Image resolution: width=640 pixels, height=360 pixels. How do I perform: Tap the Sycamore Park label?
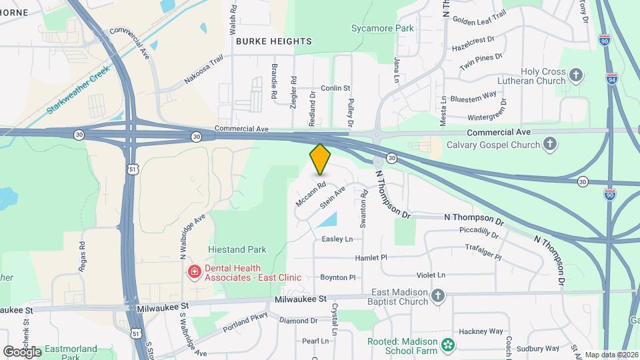[x=383, y=29]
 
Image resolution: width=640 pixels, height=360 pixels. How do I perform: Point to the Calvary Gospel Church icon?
[x=550, y=143]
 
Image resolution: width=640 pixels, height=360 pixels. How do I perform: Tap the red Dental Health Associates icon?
[x=194, y=272]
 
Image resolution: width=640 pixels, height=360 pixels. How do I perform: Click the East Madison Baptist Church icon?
[x=438, y=295]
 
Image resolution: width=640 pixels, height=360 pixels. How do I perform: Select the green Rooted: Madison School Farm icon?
[x=449, y=344]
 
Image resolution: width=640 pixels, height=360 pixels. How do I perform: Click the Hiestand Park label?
[x=237, y=249]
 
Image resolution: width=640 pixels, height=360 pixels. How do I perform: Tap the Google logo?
[x=22, y=351]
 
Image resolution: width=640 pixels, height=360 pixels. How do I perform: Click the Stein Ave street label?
[x=332, y=195]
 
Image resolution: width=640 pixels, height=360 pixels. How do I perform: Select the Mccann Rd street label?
[x=311, y=193]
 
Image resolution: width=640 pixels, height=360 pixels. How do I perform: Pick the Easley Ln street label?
[x=337, y=239]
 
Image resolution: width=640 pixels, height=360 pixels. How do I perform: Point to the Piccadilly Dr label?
[x=479, y=232]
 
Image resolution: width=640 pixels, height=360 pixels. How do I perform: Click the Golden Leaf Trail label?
[x=479, y=18]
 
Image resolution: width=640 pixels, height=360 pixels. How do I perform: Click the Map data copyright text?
[x=611, y=355]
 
